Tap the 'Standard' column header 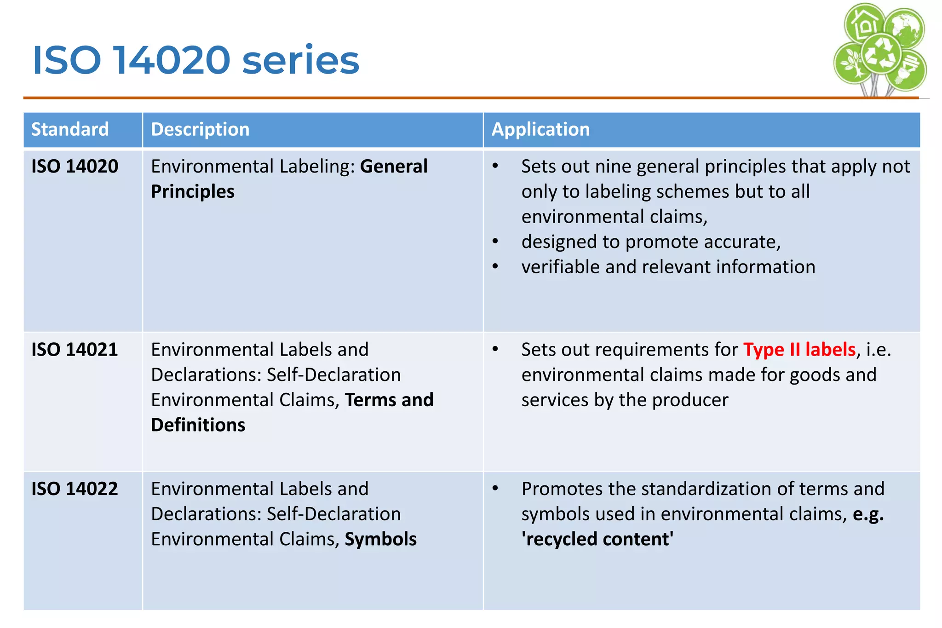[x=70, y=129]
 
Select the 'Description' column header [x=200, y=129]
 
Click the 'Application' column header [x=540, y=129]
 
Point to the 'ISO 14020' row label [x=75, y=167]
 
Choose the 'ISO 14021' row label [x=75, y=350]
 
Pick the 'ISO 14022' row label [x=75, y=489]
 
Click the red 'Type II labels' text [x=799, y=350]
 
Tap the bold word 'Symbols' [x=380, y=539]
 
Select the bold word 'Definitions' [x=198, y=425]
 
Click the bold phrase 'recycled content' [x=597, y=539]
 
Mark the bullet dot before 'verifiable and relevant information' [x=495, y=266]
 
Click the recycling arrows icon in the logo [x=880, y=54]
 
